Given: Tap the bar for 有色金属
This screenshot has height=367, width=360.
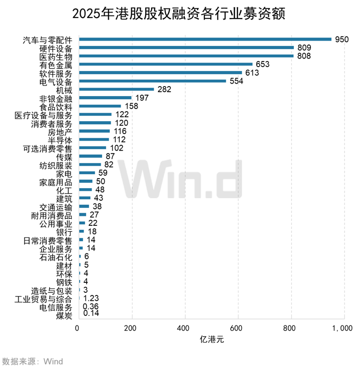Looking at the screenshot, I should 166,64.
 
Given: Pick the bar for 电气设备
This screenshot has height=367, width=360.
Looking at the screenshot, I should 153,81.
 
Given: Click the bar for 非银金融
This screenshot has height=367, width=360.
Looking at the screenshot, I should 105,98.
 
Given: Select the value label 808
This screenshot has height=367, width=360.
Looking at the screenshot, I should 304,56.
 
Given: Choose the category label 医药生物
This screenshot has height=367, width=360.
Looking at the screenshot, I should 56,56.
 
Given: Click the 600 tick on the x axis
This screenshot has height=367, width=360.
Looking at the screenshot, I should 238,328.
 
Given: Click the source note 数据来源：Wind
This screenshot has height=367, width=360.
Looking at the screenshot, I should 33,360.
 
